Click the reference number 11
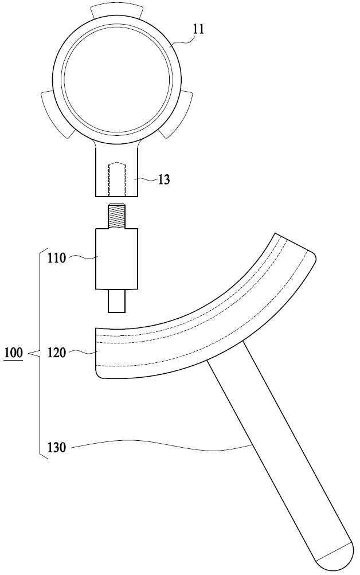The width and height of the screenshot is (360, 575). point(198,29)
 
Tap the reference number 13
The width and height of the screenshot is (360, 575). point(164,179)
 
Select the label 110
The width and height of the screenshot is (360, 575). point(56,258)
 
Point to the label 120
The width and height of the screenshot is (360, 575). point(56,353)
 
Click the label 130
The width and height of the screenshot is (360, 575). point(56,447)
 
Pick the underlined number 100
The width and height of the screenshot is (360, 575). point(14,354)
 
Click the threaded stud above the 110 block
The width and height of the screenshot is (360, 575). point(117,216)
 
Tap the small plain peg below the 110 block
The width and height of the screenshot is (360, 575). point(117,301)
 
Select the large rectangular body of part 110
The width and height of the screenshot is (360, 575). point(117,259)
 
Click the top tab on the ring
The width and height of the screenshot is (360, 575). point(116,11)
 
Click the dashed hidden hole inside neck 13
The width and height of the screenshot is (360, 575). point(117,179)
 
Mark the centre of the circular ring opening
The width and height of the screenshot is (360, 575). point(117,79)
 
